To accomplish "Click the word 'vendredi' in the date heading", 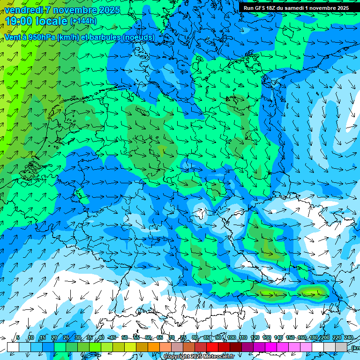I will point(24,10).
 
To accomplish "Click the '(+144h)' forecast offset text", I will point(83,21).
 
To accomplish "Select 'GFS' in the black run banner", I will point(261,8).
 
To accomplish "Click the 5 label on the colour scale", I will point(18,337).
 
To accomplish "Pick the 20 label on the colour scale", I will point(54,337).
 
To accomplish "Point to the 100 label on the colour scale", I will point(232,337).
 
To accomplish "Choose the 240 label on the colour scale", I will point(349,337).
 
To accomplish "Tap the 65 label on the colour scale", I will point(160,337).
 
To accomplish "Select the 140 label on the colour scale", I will point(278,337).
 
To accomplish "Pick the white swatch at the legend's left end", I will point(13,347).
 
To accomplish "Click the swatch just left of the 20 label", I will point(48,347).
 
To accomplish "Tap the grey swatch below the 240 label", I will point(341,347).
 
